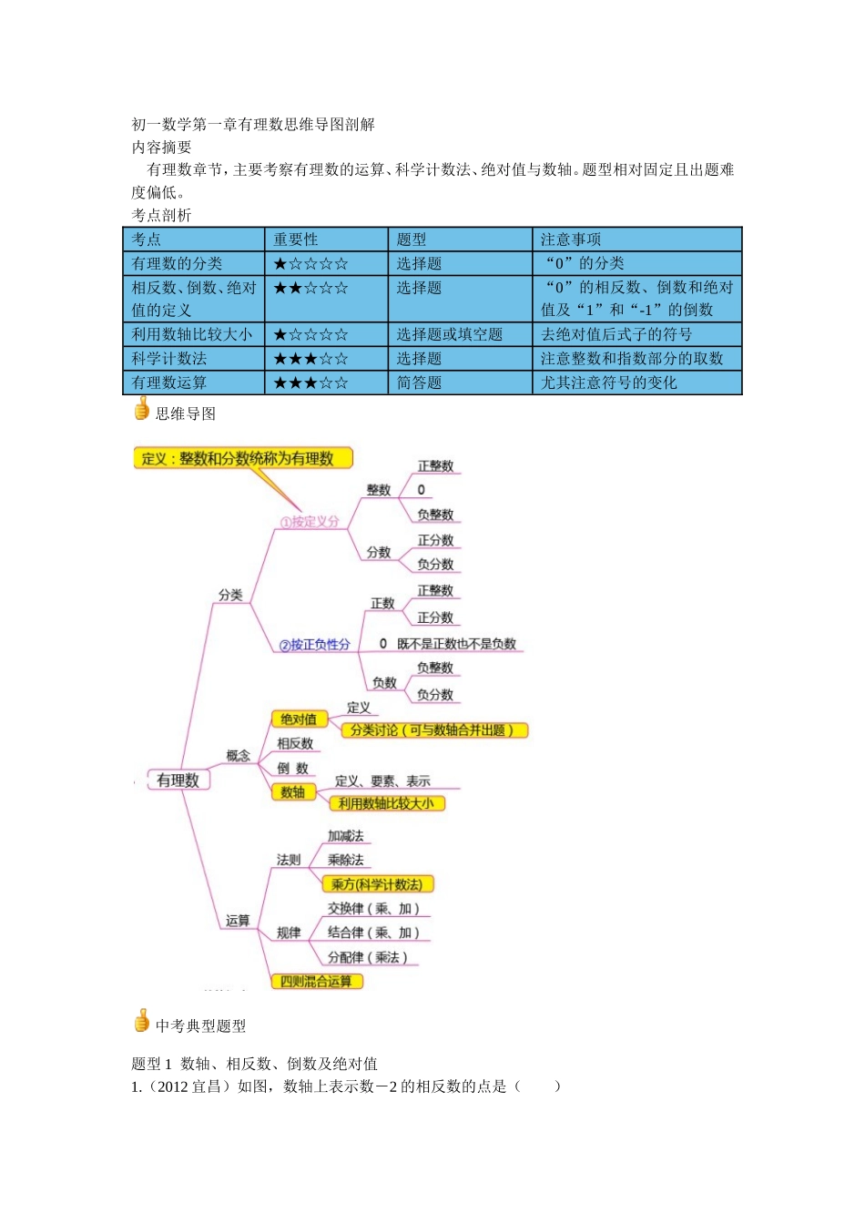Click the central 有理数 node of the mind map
[178, 780]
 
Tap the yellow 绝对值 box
[299, 719]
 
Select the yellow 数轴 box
[293, 792]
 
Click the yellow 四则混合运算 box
[316, 981]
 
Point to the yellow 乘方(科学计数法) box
[377, 884]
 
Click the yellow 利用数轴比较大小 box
[386, 803]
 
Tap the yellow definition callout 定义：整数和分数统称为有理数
[242, 458]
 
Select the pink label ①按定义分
[310, 522]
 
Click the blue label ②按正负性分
[315, 645]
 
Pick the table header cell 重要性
[296, 240]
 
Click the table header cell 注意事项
[571, 240]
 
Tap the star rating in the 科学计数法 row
[310, 359]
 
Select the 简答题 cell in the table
[419, 382]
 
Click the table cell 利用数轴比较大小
[192, 334]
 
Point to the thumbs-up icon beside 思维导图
[141, 411]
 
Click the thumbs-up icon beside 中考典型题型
[141, 1022]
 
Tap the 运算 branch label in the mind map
[238, 921]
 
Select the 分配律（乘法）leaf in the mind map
[367, 957]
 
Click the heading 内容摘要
[161, 148]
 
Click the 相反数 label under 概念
[295, 744]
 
